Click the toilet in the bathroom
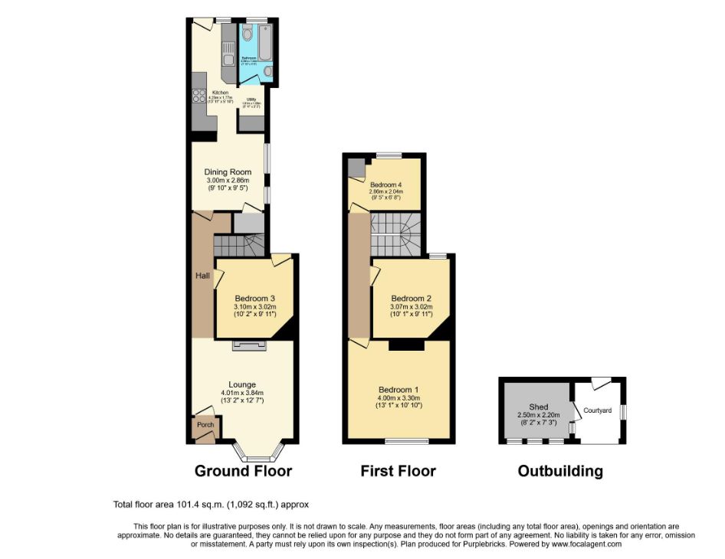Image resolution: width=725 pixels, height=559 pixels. (248, 33)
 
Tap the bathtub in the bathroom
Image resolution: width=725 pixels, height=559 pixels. (264, 41)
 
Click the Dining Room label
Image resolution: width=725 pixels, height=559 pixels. (228, 172)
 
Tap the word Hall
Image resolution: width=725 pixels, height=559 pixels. (202, 276)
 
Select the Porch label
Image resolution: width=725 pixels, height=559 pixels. (205, 425)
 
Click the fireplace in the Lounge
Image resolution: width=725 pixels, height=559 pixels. (248, 347)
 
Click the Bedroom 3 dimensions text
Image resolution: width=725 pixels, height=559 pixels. (254, 310)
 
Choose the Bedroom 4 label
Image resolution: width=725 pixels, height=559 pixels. (385, 185)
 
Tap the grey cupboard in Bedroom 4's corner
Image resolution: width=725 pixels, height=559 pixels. (356, 168)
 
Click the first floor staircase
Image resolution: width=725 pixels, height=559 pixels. (395, 234)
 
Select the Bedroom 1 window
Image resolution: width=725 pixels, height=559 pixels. (406, 441)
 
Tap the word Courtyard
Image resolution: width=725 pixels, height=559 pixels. (597, 410)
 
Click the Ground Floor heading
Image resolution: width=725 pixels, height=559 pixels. (243, 471)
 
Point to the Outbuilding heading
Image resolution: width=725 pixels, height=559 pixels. (560, 471)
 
